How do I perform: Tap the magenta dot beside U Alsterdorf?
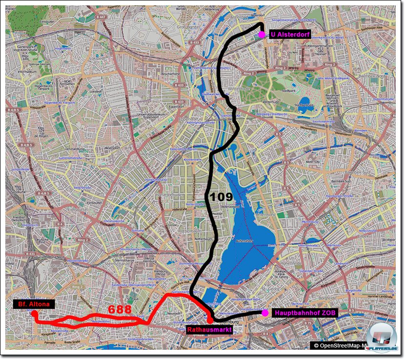(262, 34)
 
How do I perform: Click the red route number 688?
(120, 310)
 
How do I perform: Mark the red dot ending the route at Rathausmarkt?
(210, 321)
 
